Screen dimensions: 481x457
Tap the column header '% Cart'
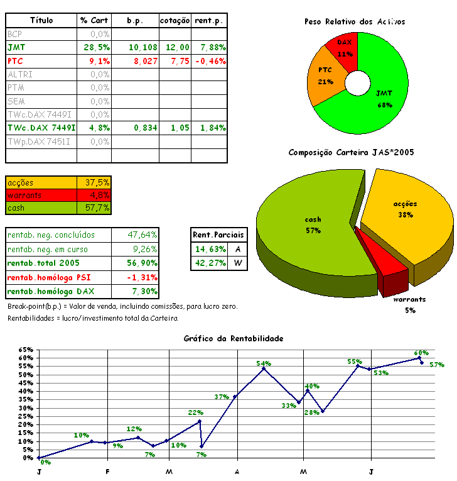[x=95, y=21]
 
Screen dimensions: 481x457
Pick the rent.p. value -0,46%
[x=210, y=61]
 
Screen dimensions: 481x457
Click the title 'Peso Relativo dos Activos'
[x=355, y=21]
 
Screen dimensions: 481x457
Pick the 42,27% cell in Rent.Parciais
[x=210, y=263]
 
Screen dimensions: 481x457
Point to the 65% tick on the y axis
[x=26, y=349]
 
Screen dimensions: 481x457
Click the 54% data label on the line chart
[x=263, y=363]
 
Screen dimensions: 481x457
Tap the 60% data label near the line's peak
[x=421, y=353]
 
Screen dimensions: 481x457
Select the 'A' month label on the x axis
[x=237, y=472]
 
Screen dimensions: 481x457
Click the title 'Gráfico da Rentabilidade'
[x=234, y=338]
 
